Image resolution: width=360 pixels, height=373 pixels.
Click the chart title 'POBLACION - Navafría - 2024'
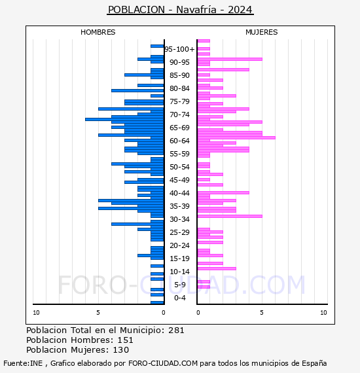pyautogui.click(x=180, y=10)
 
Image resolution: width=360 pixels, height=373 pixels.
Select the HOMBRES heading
pyautogui.click(x=98, y=32)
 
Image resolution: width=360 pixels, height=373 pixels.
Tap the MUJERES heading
pyautogui.click(x=262, y=32)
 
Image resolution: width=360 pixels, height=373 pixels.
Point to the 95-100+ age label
pyautogui.click(x=179, y=49)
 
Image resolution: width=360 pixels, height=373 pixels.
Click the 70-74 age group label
pyautogui.click(x=179, y=115)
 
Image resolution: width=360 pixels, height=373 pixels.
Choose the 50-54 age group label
pyautogui.click(x=179, y=167)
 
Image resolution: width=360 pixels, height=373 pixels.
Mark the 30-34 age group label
pyautogui.click(x=179, y=219)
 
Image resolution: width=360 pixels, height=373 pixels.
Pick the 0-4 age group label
pyautogui.click(x=180, y=298)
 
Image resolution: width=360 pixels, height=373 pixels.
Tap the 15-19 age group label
pyautogui.click(x=179, y=258)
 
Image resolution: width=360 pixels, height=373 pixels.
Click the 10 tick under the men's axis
pyautogui.click(x=36, y=313)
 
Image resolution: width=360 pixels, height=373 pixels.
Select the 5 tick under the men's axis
pyautogui.click(x=98, y=313)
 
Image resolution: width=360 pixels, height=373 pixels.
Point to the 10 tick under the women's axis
pyautogui.click(x=323, y=313)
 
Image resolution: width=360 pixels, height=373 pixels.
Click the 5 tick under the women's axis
pyautogui.click(x=262, y=313)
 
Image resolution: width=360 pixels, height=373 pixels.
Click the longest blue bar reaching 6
pyautogui.click(x=124, y=119)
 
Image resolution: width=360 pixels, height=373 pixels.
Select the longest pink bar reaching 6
pyautogui.click(x=236, y=137)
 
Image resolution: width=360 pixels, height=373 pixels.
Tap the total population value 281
pyautogui.click(x=176, y=330)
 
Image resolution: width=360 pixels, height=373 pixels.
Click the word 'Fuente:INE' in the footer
pyautogui.click(x=23, y=363)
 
